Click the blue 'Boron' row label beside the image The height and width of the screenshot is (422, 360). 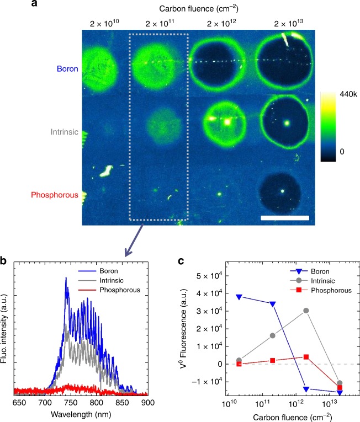[67, 69]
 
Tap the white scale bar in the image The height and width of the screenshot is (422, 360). [284, 218]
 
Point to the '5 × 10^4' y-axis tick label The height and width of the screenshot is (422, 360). [210, 276]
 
